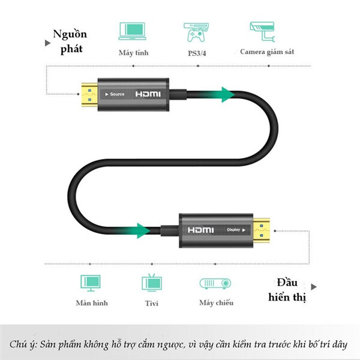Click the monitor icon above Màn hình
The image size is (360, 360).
coord(91,283)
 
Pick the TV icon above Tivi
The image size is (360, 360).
coord(150,283)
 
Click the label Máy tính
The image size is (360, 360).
coord(133,53)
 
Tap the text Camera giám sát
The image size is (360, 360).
coord(267,52)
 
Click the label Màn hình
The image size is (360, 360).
coord(92,303)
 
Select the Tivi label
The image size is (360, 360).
coord(151,304)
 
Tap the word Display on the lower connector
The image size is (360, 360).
coord(235,229)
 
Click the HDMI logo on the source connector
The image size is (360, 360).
coord(148,94)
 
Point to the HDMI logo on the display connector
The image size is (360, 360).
coord(200,230)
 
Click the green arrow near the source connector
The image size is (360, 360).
coord(224,94)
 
